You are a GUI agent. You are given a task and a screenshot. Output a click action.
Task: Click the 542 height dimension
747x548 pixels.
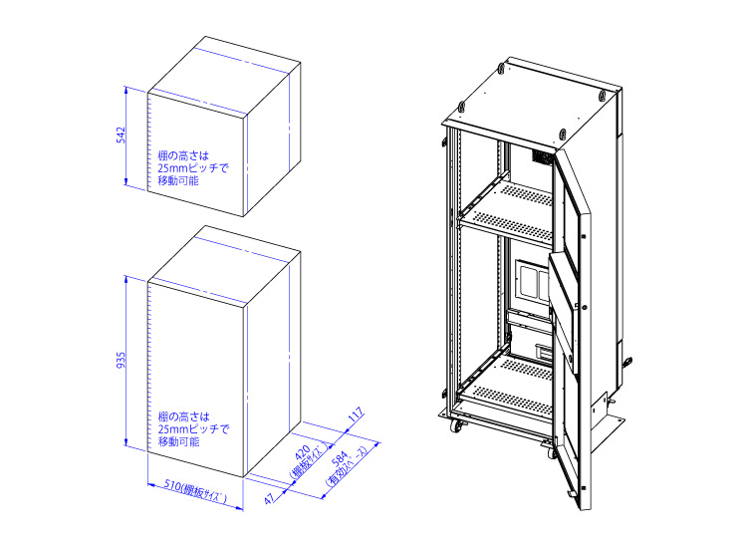[120, 134]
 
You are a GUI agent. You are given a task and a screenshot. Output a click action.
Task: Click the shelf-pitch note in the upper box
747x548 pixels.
[192, 169]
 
